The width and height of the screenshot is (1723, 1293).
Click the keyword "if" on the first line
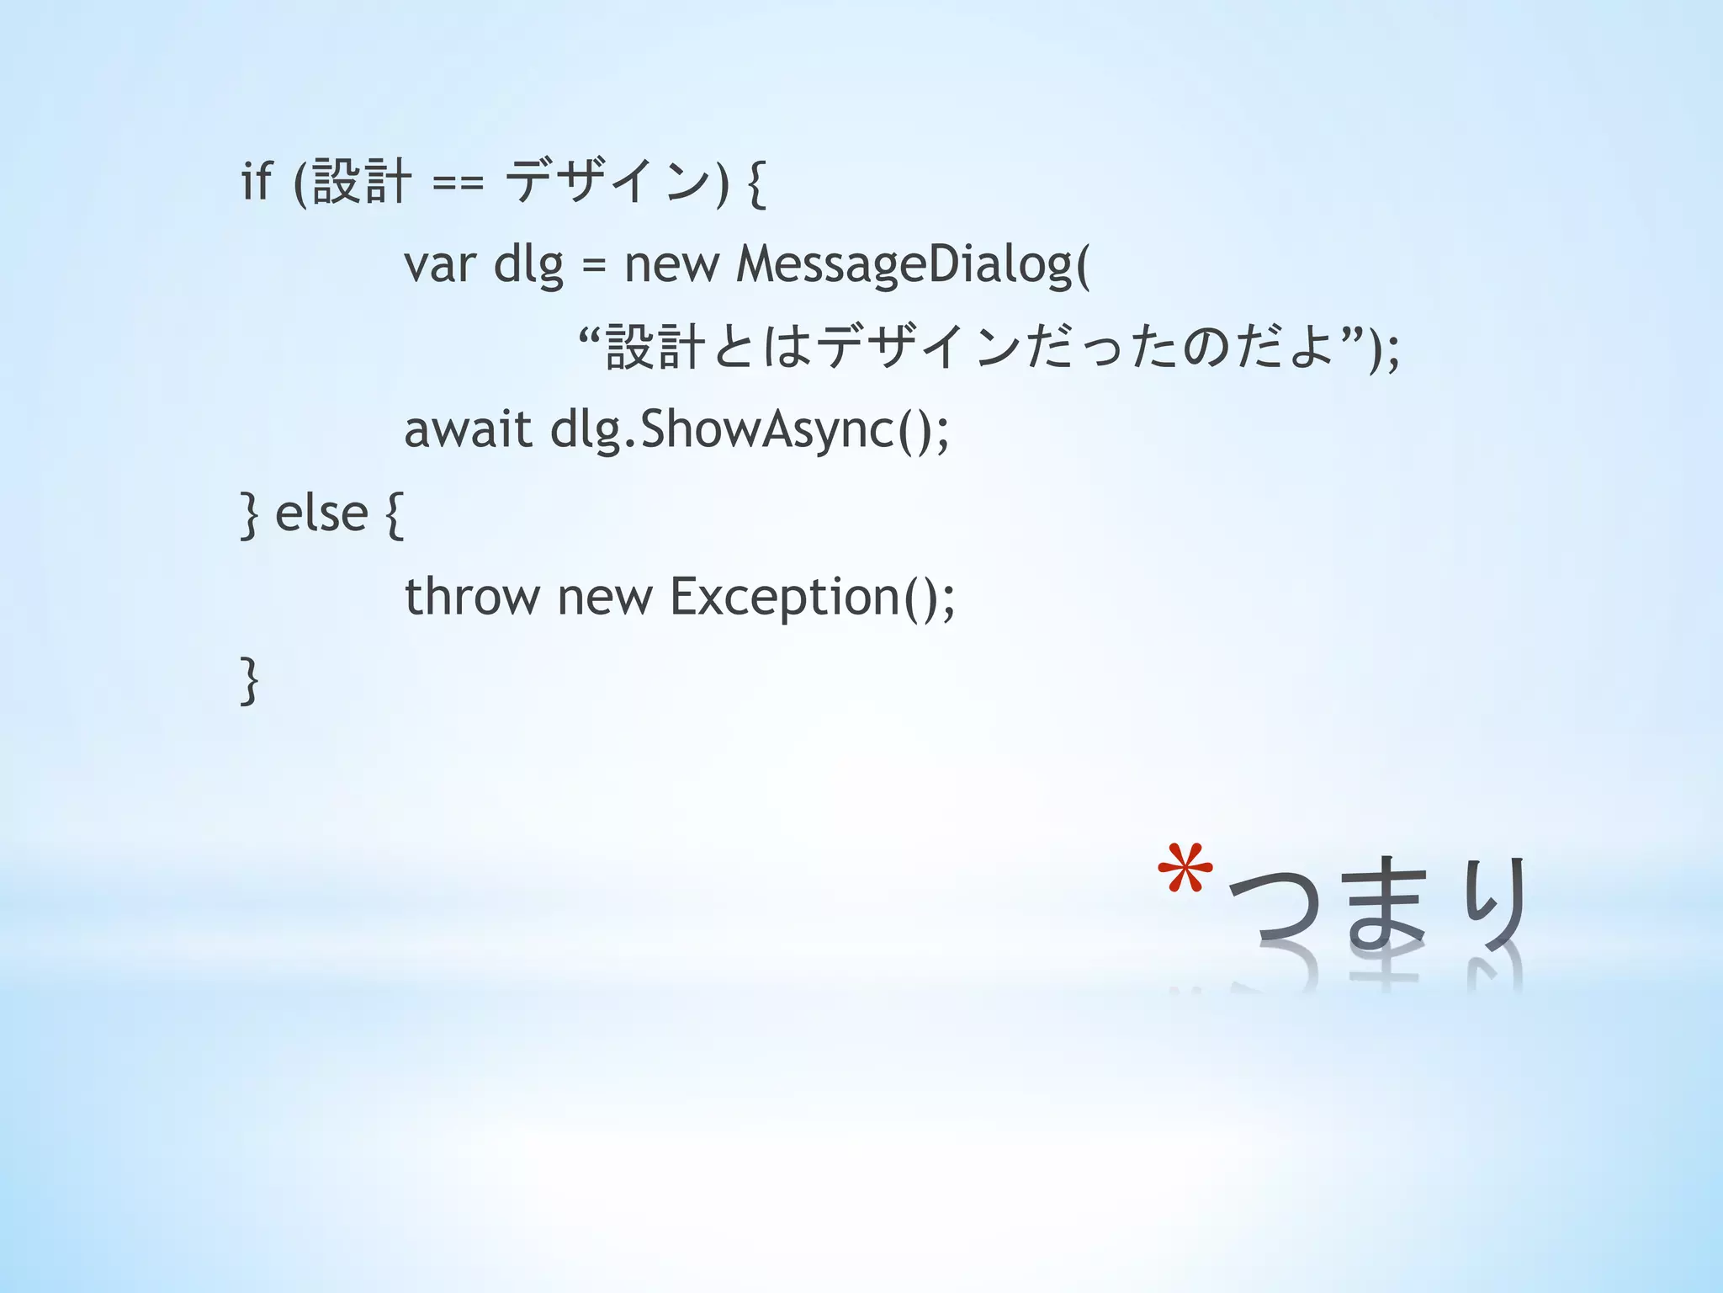pyautogui.click(x=257, y=181)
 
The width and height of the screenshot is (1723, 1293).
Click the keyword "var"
pyautogui.click(x=439, y=265)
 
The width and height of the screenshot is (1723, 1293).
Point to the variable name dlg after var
pyautogui.click(x=528, y=265)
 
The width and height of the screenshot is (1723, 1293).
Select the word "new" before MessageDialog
pyautogui.click(x=671, y=265)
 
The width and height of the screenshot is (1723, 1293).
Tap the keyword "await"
pyautogui.click(x=468, y=430)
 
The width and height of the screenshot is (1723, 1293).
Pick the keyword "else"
pyautogui.click(x=321, y=513)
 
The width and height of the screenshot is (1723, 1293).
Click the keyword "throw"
pyautogui.click(x=472, y=597)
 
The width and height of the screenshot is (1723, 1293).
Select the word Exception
pyautogui.click(x=785, y=597)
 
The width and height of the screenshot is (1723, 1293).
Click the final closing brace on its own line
pyautogui.click(x=249, y=680)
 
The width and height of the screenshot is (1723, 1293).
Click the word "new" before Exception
pyautogui.click(x=604, y=597)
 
